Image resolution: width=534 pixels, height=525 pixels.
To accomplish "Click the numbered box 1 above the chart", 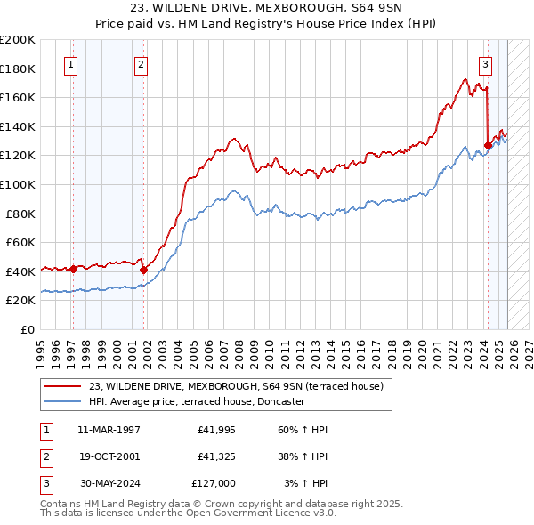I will coord(70,63).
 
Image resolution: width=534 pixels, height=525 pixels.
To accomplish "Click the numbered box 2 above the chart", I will coord(142,63).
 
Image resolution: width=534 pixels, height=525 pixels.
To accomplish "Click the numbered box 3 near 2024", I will coord(485,63).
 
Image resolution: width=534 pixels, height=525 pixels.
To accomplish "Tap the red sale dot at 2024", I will coord(488,145).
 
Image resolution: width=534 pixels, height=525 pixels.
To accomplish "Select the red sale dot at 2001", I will coord(144,269).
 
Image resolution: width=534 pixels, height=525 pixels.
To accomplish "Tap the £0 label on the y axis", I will coord(27,329).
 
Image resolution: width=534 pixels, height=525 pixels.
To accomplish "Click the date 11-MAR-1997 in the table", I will coord(109,430).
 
